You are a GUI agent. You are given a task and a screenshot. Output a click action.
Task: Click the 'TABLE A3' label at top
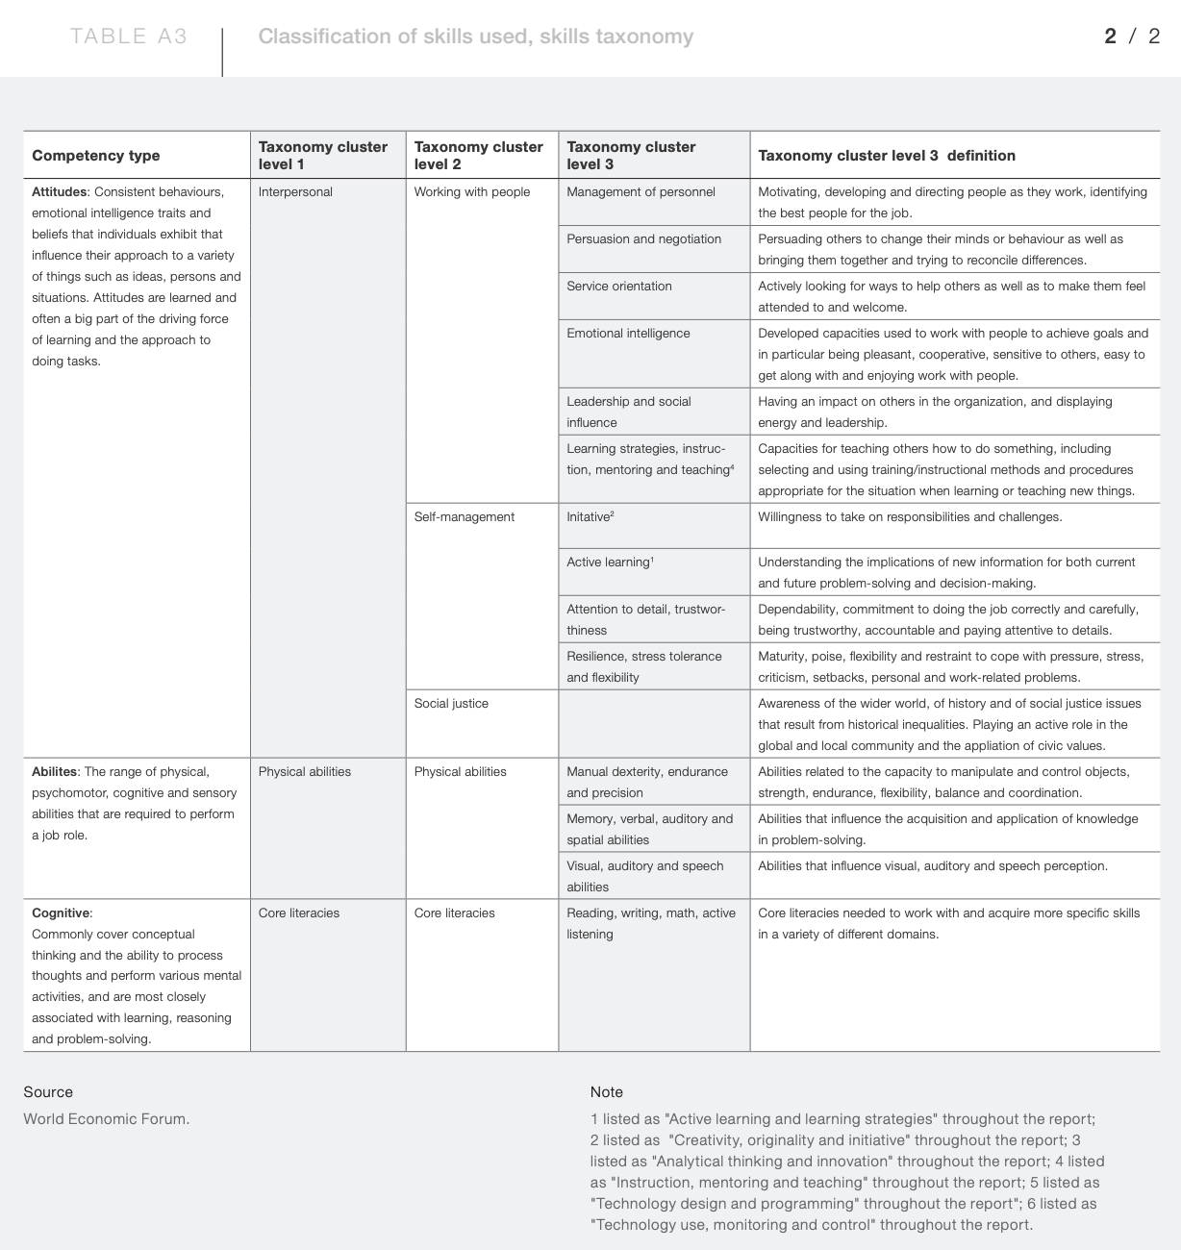pyautogui.click(x=128, y=37)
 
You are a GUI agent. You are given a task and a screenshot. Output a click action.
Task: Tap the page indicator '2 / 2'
pyautogui.click(x=1132, y=37)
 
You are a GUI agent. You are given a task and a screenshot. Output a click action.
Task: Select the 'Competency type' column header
pyautogui.click(x=96, y=156)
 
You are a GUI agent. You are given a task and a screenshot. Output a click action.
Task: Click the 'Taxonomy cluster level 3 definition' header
pyautogui.click(x=887, y=156)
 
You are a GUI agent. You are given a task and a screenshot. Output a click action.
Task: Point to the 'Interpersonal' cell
pyautogui.click(x=295, y=192)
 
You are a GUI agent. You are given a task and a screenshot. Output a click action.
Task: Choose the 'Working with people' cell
pyautogui.click(x=472, y=192)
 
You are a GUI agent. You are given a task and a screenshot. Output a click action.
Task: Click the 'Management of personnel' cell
pyautogui.click(x=641, y=192)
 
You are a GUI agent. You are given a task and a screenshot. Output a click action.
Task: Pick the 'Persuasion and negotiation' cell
pyautogui.click(x=643, y=239)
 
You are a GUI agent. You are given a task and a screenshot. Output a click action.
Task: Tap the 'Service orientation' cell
pyautogui.click(x=619, y=287)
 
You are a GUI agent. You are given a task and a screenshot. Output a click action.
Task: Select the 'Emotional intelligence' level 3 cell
pyautogui.click(x=628, y=334)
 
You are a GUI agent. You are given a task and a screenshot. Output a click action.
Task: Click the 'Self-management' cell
pyautogui.click(x=465, y=517)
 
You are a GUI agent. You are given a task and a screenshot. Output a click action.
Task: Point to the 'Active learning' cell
pyautogui.click(x=610, y=562)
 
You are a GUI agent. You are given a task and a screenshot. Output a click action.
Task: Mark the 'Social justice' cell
pyautogui.click(x=451, y=704)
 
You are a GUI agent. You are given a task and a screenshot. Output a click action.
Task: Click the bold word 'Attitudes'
pyautogui.click(x=60, y=192)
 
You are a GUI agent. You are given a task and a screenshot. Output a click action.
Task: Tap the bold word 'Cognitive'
pyautogui.click(x=61, y=913)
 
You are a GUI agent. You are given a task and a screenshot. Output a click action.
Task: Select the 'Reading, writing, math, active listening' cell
pyautogui.click(x=651, y=923)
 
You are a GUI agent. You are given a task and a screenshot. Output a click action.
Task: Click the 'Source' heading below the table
pyautogui.click(x=48, y=1092)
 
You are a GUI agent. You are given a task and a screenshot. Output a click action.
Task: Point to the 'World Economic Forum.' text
pyautogui.click(x=107, y=1119)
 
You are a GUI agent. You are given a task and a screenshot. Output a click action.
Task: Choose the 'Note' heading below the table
pyautogui.click(x=607, y=1092)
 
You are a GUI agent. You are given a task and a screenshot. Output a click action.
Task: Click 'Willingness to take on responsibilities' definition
pyautogui.click(x=910, y=517)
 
